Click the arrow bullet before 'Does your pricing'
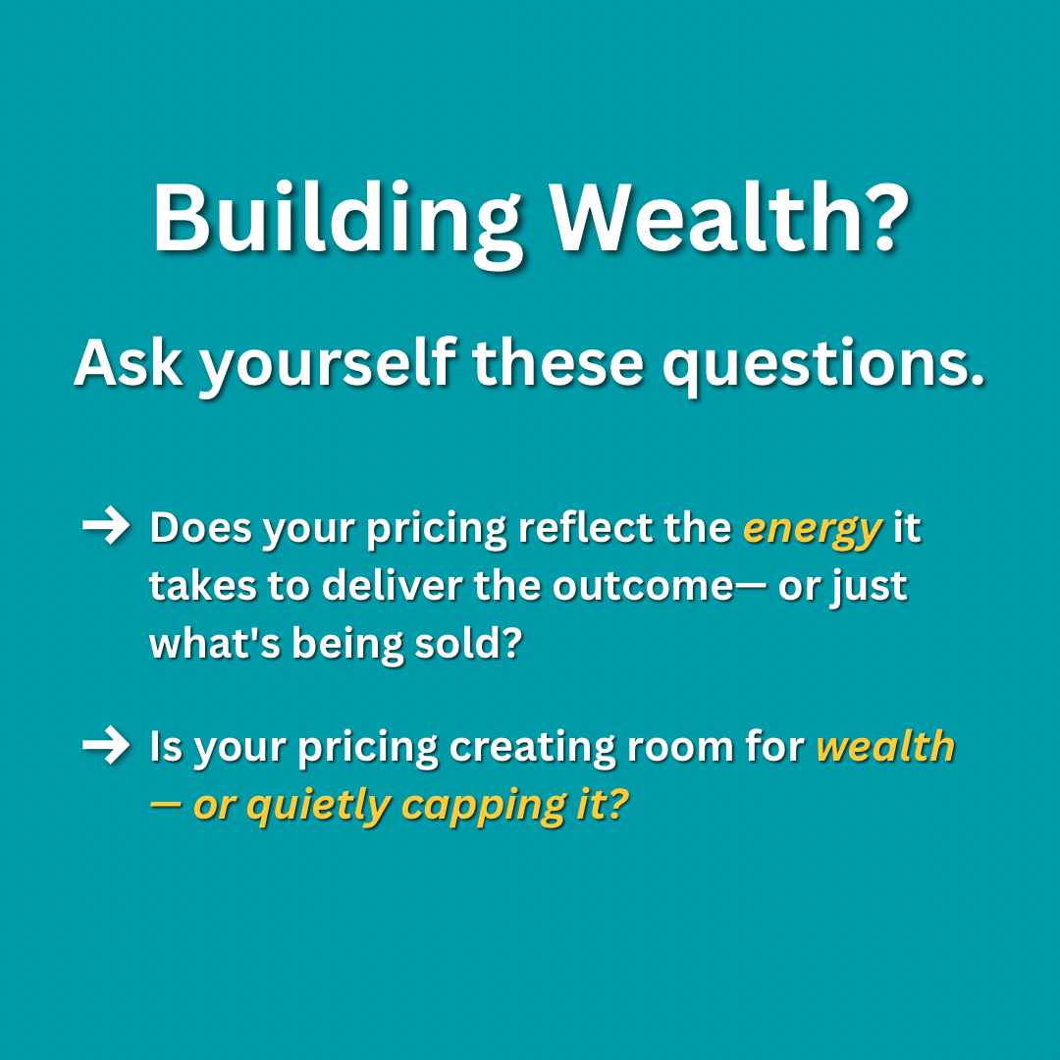pyautogui.click(x=105, y=528)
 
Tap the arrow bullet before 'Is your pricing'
pyautogui.click(x=105, y=747)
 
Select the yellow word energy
pyautogui.click(x=812, y=530)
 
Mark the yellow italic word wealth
pyautogui.click(x=885, y=747)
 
